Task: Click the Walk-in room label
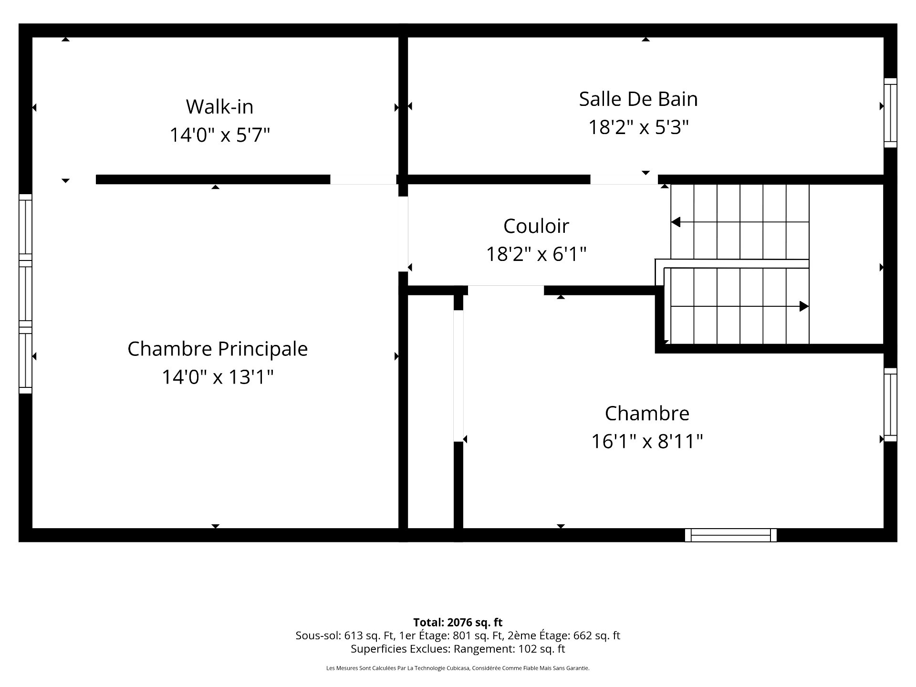(x=219, y=106)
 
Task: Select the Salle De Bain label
(x=638, y=99)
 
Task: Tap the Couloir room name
(x=536, y=226)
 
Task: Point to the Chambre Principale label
(x=218, y=349)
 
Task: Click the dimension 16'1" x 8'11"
(x=647, y=441)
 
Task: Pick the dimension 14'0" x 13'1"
(x=218, y=377)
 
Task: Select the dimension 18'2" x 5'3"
(x=638, y=127)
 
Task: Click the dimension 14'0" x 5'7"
(x=219, y=135)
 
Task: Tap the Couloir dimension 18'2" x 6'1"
(x=536, y=254)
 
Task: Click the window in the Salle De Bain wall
(x=890, y=113)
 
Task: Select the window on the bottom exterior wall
(x=730, y=535)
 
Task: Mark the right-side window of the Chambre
(x=890, y=405)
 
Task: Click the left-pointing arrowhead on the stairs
(x=676, y=222)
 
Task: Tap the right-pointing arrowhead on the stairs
(x=804, y=306)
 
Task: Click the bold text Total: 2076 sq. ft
(x=458, y=622)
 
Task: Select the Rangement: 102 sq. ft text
(x=509, y=649)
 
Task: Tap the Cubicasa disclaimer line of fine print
(x=458, y=668)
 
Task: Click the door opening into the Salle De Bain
(x=624, y=179)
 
